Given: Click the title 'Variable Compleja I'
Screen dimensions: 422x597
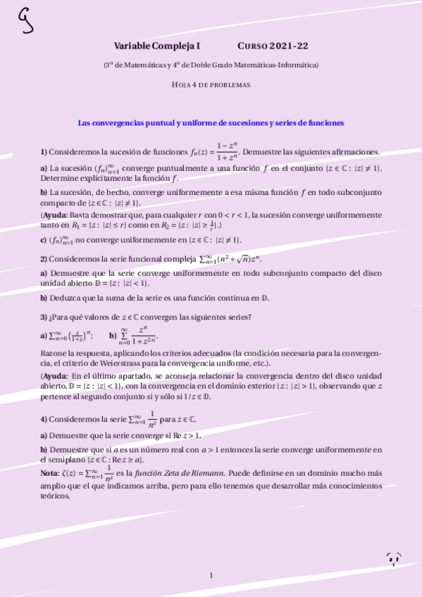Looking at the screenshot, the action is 156,46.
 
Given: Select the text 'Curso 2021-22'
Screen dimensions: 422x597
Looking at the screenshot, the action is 273,46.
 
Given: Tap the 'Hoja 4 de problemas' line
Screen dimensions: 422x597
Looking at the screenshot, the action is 211,84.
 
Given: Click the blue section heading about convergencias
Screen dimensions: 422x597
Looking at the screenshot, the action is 211,122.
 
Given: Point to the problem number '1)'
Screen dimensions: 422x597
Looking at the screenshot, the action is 44,152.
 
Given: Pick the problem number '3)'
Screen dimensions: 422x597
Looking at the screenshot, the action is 44,317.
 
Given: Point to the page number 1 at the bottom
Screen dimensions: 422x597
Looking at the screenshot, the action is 211,575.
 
